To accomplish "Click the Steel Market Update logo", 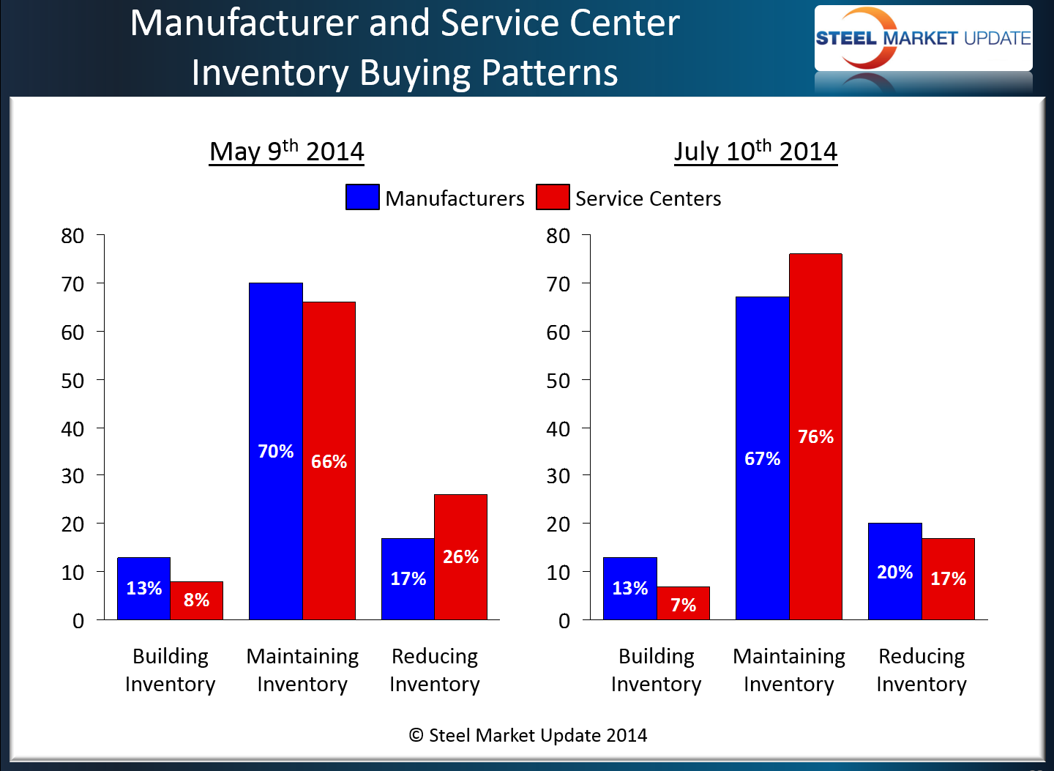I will pyautogui.click(x=923, y=39).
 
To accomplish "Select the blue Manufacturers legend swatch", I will pyautogui.click(x=362, y=198).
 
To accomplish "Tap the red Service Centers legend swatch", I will pyautogui.click(x=553, y=198).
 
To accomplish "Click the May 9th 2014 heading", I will pyautogui.click(x=286, y=152).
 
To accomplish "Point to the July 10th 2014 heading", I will pyautogui.click(x=755, y=152).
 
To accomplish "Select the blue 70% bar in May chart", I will pyautogui.click(x=276, y=451).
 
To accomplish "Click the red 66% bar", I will pyautogui.click(x=329, y=461).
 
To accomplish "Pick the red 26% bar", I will pyautogui.click(x=460, y=556).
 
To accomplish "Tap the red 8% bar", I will pyautogui.click(x=197, y=600).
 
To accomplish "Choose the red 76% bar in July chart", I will pyautogui.click(x=815, y=437).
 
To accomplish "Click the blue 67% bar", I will pyautogui.click(x=762, y=458).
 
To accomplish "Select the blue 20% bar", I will pyautogui.click(x=894, y=572).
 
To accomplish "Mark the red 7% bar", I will pyautogui.click(x=683, y=604).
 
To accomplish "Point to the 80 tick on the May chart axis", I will pyautogui.click(x=73, y=236).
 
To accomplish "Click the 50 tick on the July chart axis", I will pyautogui.click(x=558, y=381).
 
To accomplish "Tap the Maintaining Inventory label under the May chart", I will pyautogui.click(x=302, y=670).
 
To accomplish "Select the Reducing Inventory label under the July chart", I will pyautogui.click(x=922, y=670).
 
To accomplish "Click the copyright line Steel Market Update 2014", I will pyautogui.click(x=528, y=735).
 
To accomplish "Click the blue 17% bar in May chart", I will pyautogui.click(x=408, y=578).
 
